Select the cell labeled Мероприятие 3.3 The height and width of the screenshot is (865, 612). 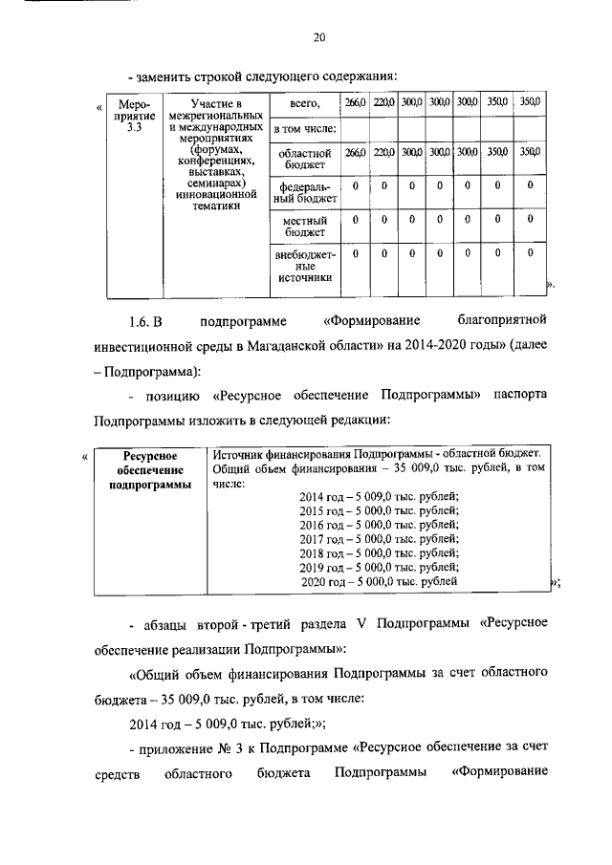[125, 118]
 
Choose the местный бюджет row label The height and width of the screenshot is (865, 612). [304, 226]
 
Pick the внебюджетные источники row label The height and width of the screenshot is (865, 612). [304, 265]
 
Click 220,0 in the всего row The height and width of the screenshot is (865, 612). [383, 101]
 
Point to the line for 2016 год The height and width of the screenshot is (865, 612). [380, 525]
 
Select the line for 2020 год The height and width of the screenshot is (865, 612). [380, 581]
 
